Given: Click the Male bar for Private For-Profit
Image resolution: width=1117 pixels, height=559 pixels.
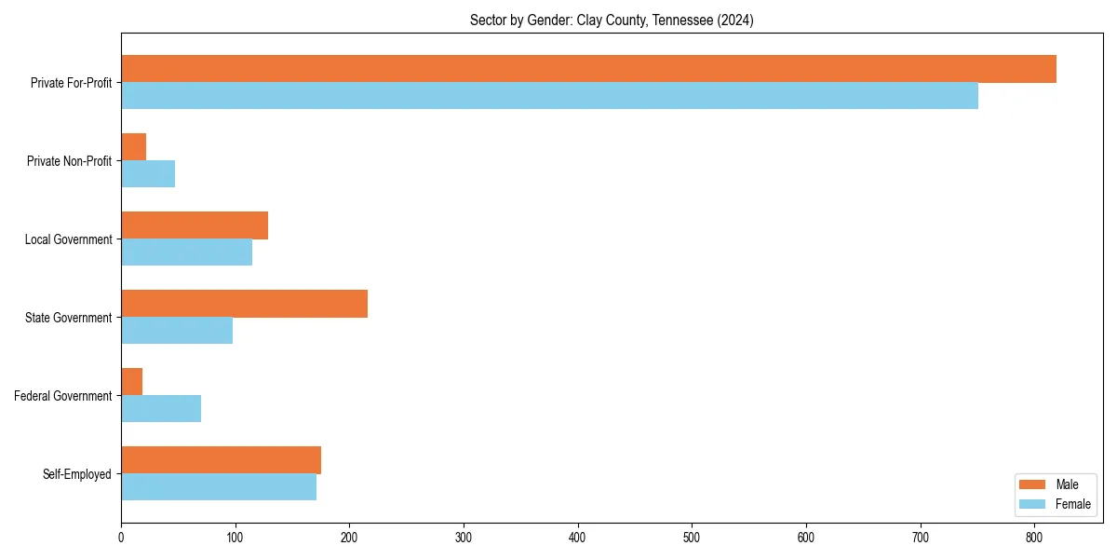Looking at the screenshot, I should tap(588, 69).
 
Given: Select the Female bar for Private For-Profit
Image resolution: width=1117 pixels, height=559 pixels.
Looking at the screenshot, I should tap(549, 96).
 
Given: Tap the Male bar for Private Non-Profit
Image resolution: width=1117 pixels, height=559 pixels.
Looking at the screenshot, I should tap(133, 147).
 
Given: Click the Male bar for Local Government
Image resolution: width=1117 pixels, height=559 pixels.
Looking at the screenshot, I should tap(195, 225).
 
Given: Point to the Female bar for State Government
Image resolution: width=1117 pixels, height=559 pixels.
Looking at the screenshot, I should tap(177, 331).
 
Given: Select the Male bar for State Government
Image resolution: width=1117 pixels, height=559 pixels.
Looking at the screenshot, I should tap(244, 304).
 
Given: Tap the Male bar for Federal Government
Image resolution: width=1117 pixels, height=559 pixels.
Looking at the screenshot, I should tap(131, 382).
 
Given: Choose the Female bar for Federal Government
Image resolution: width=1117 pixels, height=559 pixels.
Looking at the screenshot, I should tap(161, 409).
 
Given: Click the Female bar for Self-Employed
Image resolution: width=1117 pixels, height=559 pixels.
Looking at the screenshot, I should tap(219, 487).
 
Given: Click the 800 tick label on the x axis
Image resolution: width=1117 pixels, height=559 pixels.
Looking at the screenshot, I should tap(1034, 538).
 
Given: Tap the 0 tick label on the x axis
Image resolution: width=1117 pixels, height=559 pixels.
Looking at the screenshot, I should tap(121, 538).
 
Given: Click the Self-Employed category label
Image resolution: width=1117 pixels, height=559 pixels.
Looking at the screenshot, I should tap(77, 474).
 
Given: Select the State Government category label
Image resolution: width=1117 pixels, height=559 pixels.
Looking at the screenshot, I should tap(69, 318).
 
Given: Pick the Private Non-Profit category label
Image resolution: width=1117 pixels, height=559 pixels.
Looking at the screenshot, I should tap(69, 161).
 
